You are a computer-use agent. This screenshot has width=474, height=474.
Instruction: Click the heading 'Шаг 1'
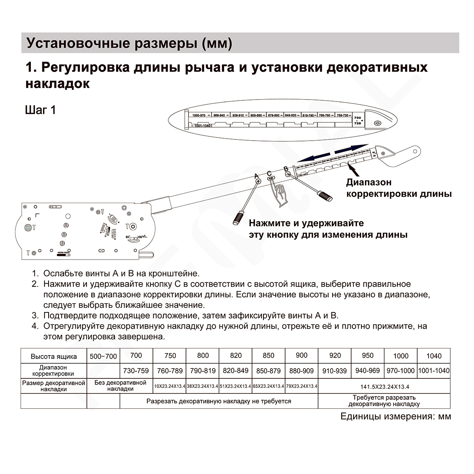pos(40,109)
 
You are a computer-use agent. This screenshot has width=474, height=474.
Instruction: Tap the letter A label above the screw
pos(256,176)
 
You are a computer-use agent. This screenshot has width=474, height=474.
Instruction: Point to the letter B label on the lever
pos(286,169)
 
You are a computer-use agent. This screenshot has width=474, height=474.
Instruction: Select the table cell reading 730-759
pos(136,371)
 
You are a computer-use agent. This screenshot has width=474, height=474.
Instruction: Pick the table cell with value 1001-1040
pos(434,371)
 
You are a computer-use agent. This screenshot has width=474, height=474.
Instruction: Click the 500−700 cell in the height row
pos(103,356)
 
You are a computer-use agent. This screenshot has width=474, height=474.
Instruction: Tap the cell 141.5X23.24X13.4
pos(384,387)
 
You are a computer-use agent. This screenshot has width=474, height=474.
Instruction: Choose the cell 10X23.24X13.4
pos(169,386)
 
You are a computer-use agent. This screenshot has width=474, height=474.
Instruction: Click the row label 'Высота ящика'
pos(54,356)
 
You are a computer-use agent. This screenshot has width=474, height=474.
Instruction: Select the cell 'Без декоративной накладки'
pos(120,386)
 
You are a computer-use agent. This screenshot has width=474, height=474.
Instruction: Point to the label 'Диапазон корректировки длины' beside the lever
pos(399,188)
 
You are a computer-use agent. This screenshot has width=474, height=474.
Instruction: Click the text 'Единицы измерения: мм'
pos(395,416)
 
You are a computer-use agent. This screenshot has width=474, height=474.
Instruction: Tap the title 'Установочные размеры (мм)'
pos(129,43)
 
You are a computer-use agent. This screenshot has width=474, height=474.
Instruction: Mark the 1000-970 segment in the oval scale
pos(199,115)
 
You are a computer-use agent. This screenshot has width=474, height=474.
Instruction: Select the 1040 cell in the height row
pos(434,356)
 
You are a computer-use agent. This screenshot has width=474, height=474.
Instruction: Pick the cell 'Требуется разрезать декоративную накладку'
pos(384,401)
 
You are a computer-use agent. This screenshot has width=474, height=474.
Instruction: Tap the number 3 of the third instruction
pos(35,316)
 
